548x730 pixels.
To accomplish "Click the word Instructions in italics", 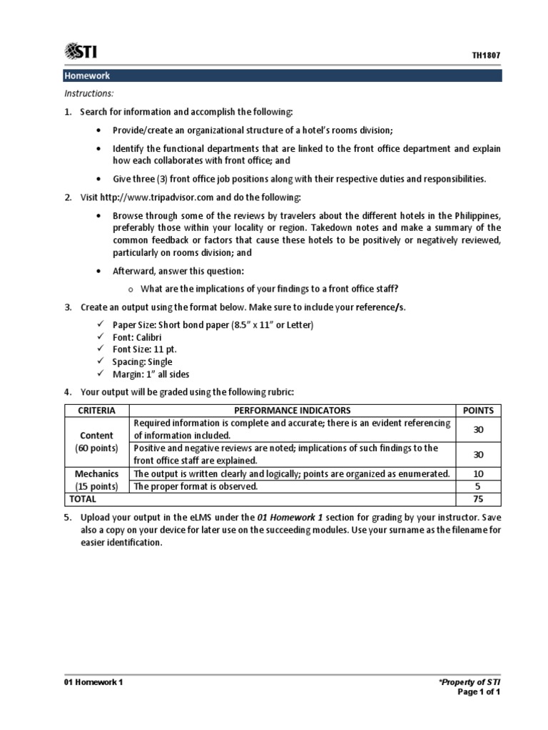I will pos(89,93).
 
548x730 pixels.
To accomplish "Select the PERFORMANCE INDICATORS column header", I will pos(293,411).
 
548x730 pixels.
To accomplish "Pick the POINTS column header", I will pos(479,411).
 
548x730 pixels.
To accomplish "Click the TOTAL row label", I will pos(81,500).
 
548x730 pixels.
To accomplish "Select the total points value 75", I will pos(479,500).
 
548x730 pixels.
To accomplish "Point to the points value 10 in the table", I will pos(479,474).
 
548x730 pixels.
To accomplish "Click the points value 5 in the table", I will pos(479,487).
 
